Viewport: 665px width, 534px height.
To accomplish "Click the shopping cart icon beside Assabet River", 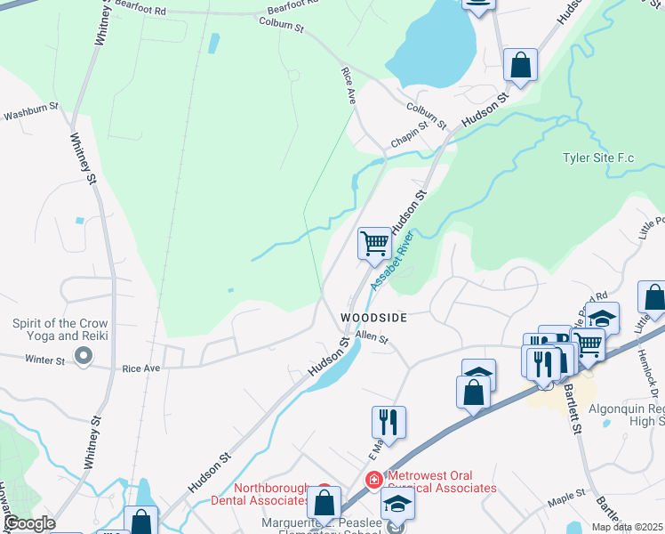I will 374,242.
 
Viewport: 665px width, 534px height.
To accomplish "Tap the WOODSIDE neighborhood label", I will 374,318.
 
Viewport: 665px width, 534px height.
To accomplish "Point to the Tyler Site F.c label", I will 598,158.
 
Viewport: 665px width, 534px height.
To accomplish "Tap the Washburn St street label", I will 30,115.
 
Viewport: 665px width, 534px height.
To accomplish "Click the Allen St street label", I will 373,337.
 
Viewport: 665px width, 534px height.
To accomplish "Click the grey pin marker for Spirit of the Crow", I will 84,357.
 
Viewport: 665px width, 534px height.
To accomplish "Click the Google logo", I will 28,523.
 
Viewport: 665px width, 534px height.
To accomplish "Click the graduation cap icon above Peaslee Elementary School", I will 397,504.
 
